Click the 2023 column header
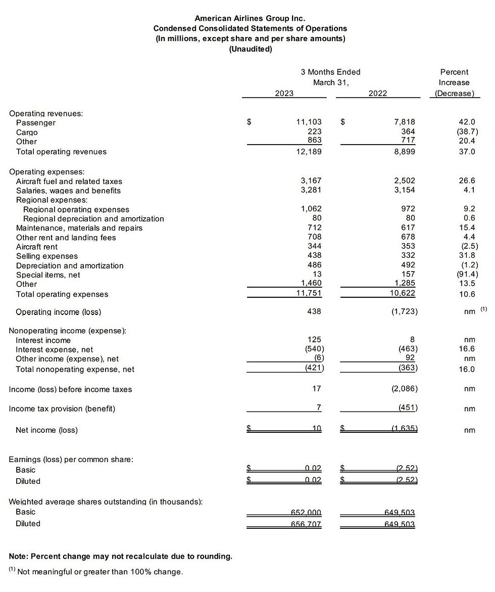tap(284, 93)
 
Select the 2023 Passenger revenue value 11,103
tap(309, 122)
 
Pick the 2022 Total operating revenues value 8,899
tap(405, 151)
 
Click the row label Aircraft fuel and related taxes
tap(69, 181)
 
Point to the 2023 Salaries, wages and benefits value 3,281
tap(311, 191)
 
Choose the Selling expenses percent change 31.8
tap(466, 256)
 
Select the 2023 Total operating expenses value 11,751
tap(309, 294)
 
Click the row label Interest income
tap(43, 340)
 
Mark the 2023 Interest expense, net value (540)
tap(312, 349)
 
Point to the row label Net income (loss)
tap(47, 430)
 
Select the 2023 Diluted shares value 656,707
tap(306, 524)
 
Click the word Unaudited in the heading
tap(251, 49)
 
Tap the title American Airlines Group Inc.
tap(250, 19)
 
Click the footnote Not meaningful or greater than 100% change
tap(100, 572)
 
